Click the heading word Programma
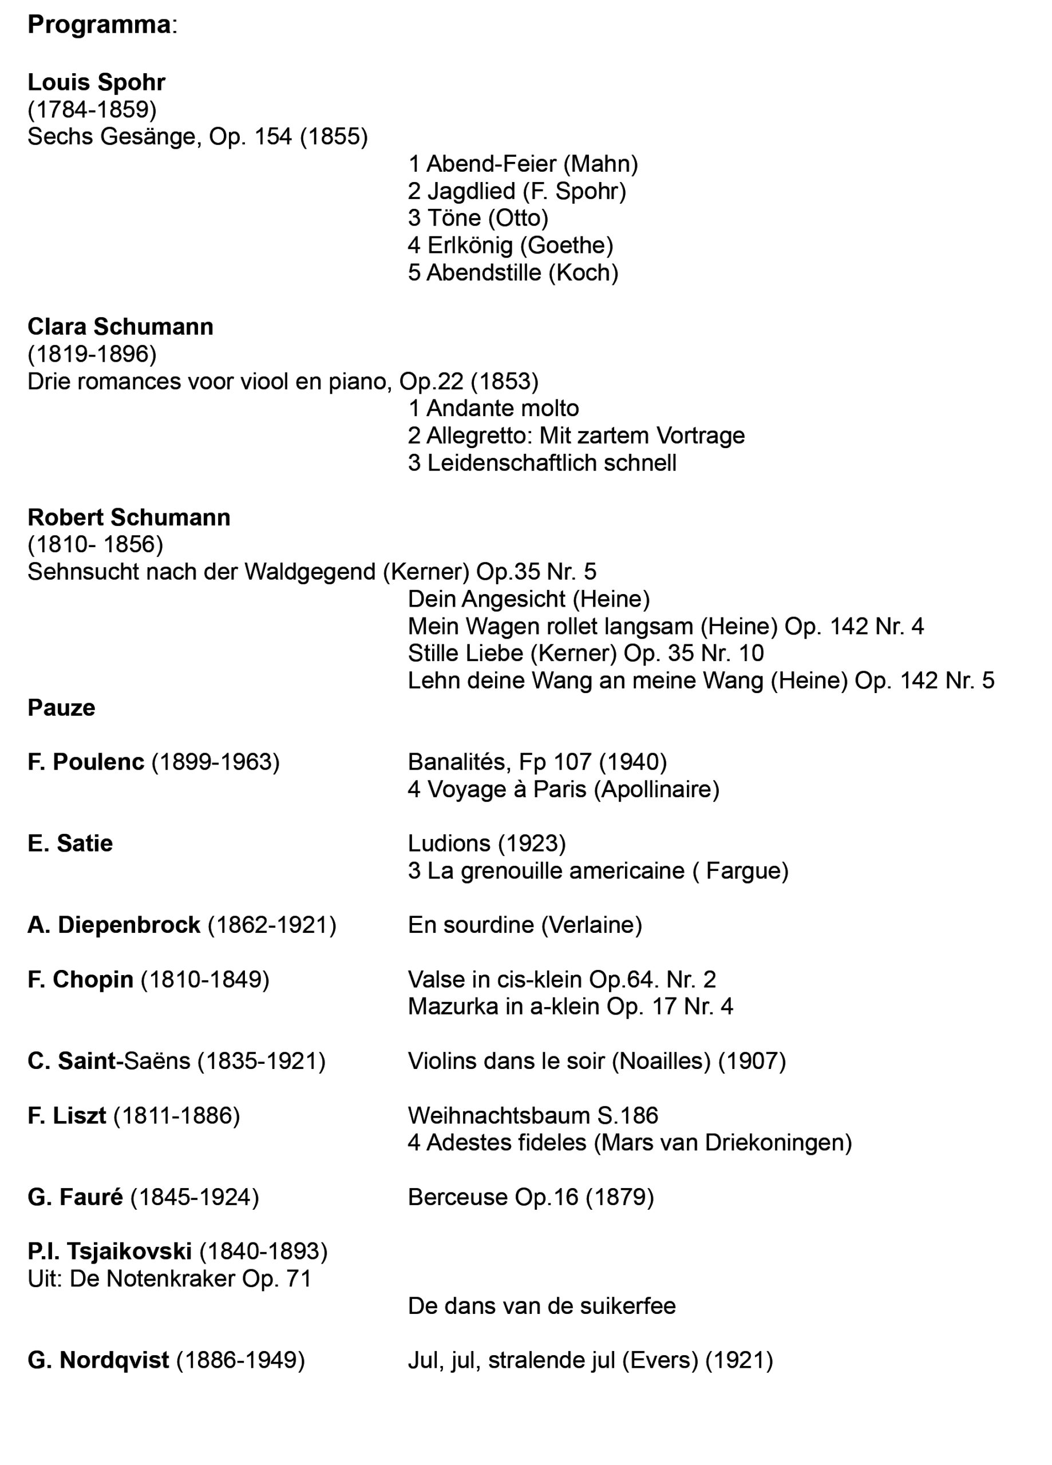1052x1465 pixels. pos(99,25)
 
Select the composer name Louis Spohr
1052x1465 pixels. pos(96,82)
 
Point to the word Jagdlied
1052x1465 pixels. pos(471,191)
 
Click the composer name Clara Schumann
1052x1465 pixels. pos(120,327)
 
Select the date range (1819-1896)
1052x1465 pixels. pos(92,354)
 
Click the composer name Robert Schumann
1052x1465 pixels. pos(129,517)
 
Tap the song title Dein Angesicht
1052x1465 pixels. pos(487,599)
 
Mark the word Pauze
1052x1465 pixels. pos(61,708)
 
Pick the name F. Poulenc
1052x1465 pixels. pos(85,762)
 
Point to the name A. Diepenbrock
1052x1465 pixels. pos(114,925)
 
